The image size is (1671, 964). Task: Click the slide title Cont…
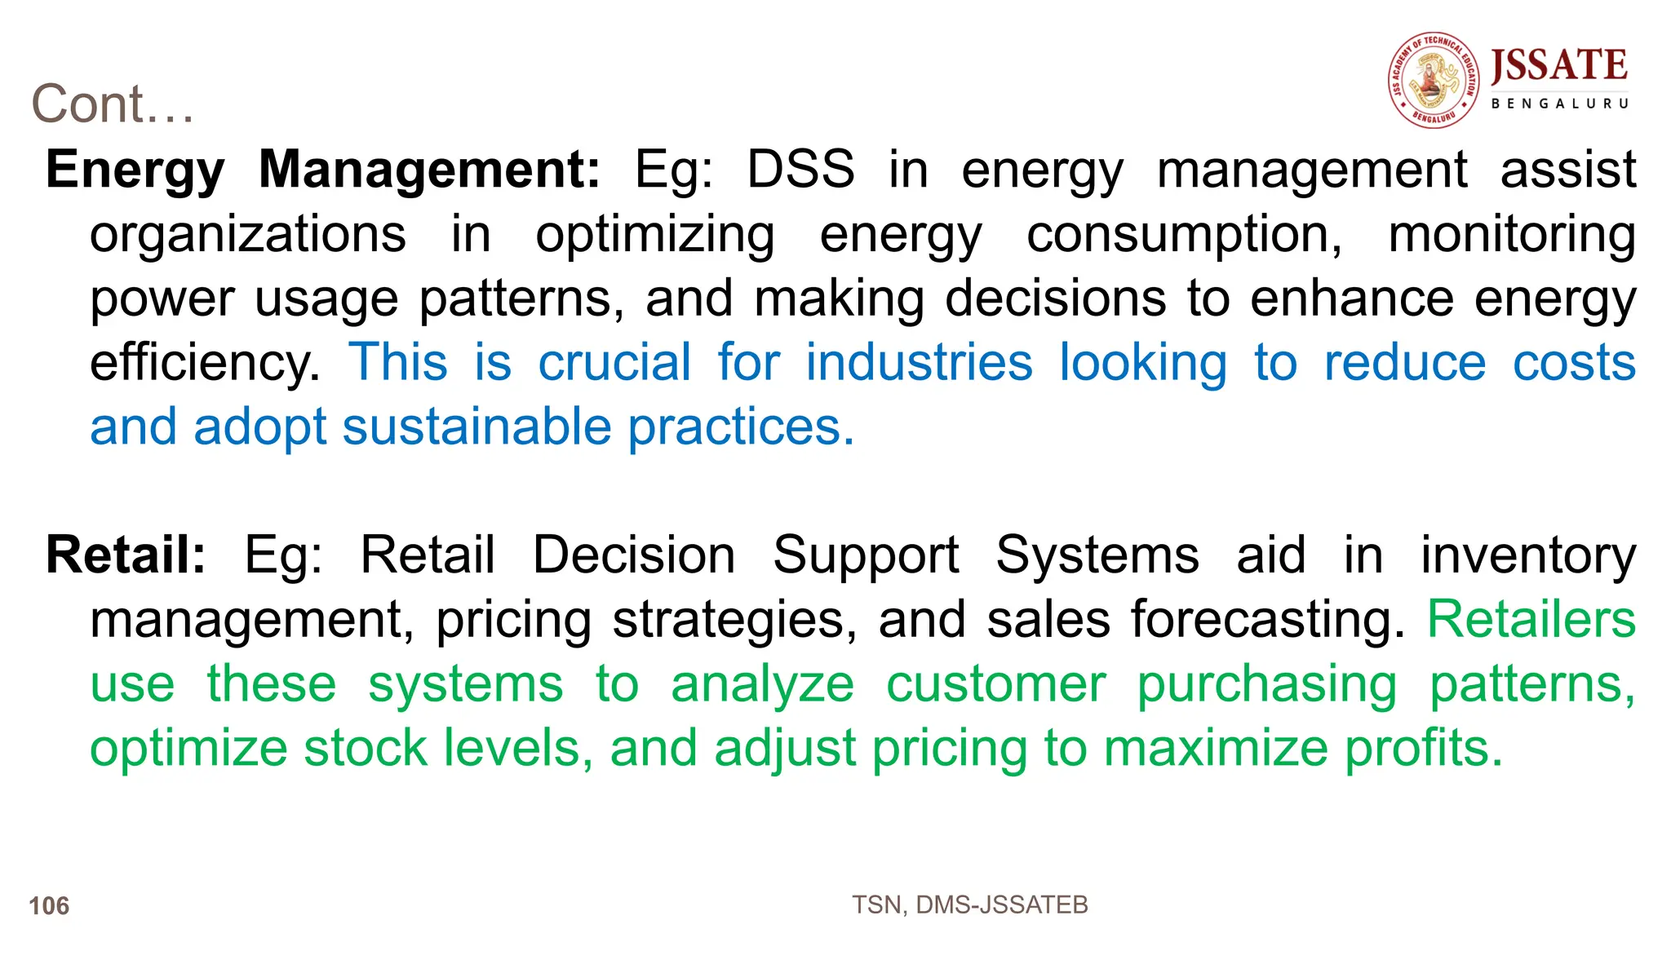[x=113, y=104]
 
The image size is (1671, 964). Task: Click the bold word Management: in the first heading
[x=429, y=170]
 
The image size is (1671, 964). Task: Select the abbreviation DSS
[x=801, y=170]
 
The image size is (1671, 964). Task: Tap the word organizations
[x=248, y=235]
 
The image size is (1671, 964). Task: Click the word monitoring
[x=1512, y=235]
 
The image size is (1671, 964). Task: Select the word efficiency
[x=204, y=363]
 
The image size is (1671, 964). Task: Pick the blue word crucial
[x=614, y=363]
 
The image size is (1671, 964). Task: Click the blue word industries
[x=920, y=363]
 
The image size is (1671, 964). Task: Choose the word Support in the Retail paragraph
[x=866, y=555]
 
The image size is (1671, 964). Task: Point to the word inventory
[x=1528, y=555]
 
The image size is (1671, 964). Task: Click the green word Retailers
[x=1531, y=620]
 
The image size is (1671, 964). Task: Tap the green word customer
[x=996, y=683]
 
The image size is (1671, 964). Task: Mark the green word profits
[x=1423, y=748]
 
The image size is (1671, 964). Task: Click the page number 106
[x=49, y=906]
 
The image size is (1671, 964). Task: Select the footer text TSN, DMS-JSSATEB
[x=970, y=905]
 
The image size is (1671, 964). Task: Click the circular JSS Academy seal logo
[x=1434, y=80]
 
